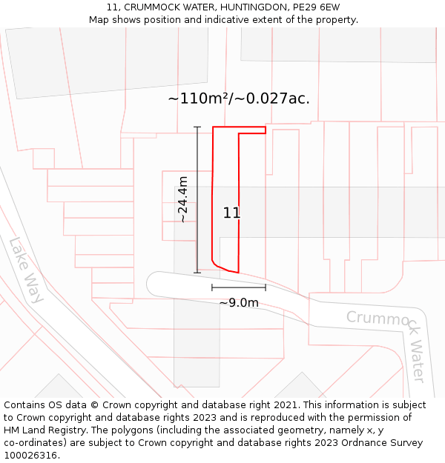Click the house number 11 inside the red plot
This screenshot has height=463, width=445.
pos(231,213)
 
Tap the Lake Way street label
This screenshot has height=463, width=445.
pos(27,270)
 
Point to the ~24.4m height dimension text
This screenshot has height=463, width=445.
pos(182,199)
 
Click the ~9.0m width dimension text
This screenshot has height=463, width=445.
pos(239,302)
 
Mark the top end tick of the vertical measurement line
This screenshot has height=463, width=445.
pos(197,127)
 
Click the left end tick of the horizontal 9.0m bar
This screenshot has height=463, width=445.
pos(212,287)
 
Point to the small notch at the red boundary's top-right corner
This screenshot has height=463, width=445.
pos(265,130)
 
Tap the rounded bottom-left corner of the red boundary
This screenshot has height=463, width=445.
pos(215,264)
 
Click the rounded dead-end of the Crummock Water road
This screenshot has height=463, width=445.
pos(153,283)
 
